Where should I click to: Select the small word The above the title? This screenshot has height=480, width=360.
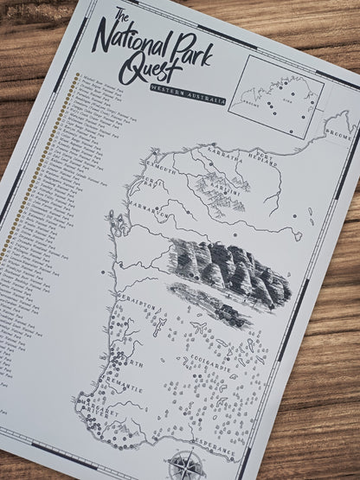(x=121, y=13)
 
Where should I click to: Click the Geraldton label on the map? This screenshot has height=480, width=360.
(x=135, y=305)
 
